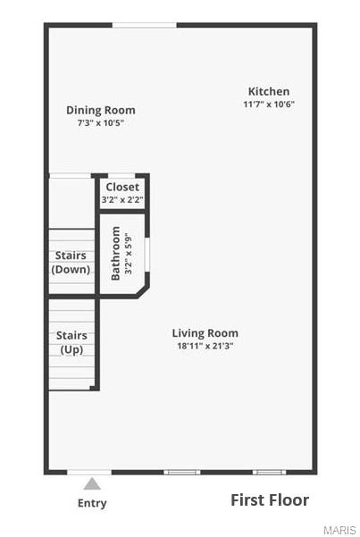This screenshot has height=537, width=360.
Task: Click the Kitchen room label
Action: coord(268,91)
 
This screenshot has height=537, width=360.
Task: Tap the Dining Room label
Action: coord(101,110)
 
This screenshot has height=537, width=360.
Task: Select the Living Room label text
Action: coord(205,333)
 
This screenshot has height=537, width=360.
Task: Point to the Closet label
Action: coord(122,187)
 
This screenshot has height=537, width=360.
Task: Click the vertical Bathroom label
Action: coord(115,254)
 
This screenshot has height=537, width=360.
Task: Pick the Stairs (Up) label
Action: coord(71,342)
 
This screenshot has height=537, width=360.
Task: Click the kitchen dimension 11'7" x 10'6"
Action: coord(268,105)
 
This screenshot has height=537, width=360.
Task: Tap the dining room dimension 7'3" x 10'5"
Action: coord(101,123)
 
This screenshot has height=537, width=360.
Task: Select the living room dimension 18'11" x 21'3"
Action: coord(205,346)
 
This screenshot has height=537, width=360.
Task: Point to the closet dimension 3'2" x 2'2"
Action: coord(122,200)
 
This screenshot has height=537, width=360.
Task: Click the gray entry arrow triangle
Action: coord(91,484)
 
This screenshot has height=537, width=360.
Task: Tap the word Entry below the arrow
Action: coord(91,503)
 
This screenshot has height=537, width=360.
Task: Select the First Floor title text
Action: coord(270,499)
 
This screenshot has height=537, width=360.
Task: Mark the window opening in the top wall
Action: coord(144,25)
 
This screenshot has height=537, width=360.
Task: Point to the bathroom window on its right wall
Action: coord(147,253)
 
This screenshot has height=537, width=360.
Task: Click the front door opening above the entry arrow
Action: coord(90,472)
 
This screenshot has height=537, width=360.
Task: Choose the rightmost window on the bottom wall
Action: coord(268,472)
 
